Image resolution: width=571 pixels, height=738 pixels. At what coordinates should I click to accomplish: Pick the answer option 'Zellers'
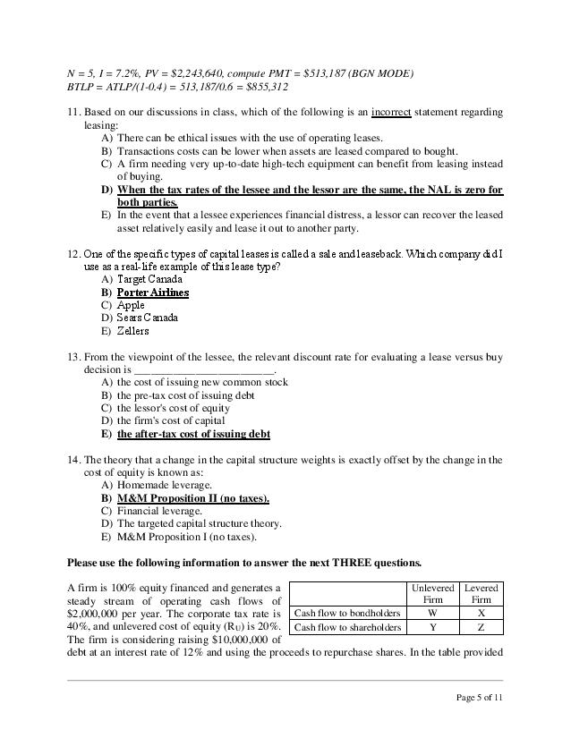click(133, 330)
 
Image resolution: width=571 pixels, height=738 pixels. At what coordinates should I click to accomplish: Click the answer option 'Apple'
click(131, 305)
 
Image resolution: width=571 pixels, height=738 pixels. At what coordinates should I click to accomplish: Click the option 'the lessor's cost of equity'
click(174, 408)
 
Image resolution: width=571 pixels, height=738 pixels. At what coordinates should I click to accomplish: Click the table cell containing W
click(432, 614)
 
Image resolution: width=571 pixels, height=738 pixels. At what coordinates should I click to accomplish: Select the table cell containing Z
click(481, 628)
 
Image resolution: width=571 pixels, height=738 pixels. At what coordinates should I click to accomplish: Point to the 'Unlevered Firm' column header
click(432, 593)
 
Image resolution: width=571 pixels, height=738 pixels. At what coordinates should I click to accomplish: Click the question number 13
click(74, 357)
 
